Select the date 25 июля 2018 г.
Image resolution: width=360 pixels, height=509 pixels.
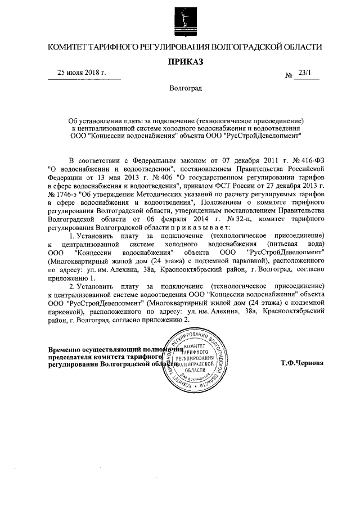tap(82, 73)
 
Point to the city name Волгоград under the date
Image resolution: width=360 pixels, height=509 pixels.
tap(185, 88)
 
